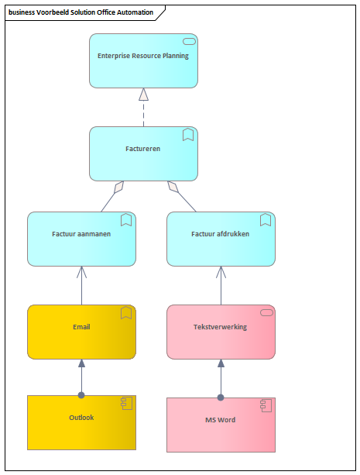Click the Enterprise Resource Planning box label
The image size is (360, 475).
coord(143,56)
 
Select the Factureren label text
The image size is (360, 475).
coord(143,149)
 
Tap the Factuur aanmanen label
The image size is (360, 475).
coord(81,234)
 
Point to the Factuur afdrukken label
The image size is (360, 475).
coord(220,234)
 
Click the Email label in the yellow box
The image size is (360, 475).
coord(81,327)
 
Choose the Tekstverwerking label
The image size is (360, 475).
coord(220,327)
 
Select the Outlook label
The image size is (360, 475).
coord(81,418)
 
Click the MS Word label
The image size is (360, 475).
coord(220,420)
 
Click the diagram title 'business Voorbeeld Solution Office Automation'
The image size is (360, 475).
coord(81,12)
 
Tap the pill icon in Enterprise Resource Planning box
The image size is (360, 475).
coord(189,42)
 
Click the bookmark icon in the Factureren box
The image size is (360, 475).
coord(188,135)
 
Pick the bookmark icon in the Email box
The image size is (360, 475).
coord(126,312)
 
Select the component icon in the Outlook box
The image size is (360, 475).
coord(126,404)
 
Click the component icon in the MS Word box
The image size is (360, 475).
coord(266,405)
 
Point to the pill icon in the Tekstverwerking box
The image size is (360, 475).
coord(267,312)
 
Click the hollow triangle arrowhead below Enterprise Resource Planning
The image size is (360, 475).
coord(143,95)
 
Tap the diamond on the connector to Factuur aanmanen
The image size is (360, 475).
coord(118,188)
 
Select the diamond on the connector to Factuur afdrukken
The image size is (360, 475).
coord(173,187)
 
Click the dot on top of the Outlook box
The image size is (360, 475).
coord(81,395)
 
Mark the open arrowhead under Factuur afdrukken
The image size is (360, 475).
coord(221,272)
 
